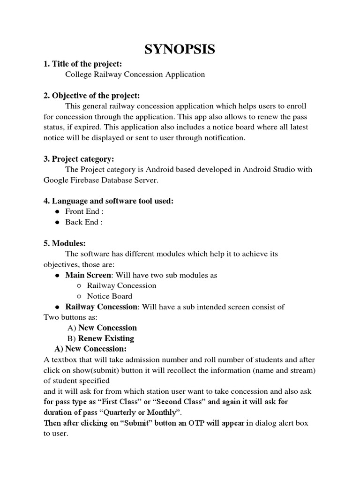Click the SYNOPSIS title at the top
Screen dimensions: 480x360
(x=180, y=49)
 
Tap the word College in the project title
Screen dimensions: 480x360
(x=79, y=74)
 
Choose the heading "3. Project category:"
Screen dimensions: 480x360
(x=79, y=159)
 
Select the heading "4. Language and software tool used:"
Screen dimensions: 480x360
(x=108, y=201)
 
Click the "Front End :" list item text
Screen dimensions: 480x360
(x=84, y=211)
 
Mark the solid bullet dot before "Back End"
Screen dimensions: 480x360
(x=57, y=223)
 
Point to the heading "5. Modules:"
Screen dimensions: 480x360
(x=65, y=243)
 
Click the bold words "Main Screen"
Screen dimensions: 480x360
(x=88, y=275)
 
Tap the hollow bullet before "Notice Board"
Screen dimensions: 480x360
(x=79, y=296)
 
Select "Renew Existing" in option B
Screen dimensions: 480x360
(x=106, y=338)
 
